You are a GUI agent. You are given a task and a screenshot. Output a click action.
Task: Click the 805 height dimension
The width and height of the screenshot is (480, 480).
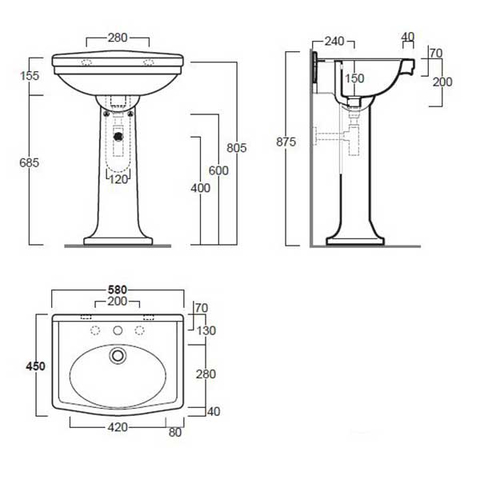tap(237, 148)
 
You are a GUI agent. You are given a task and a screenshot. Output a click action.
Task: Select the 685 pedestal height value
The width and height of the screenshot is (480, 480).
tap(30, 162)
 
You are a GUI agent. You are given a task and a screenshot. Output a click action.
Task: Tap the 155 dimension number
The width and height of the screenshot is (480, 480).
tap(30, 76)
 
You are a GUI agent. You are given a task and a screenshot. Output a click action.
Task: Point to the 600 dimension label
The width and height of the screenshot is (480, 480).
tap(218, 170)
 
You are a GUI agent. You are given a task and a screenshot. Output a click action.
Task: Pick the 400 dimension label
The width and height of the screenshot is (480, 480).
tap(201, 188)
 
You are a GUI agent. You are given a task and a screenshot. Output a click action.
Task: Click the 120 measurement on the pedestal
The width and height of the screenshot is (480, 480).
tap(118, 179)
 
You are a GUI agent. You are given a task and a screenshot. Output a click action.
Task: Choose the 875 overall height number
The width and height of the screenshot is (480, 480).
tap(286, 142)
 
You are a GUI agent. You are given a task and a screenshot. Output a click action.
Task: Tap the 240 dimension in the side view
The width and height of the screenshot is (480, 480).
tap(334, 42)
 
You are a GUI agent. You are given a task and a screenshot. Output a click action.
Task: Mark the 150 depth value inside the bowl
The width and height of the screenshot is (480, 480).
tap(354, 78)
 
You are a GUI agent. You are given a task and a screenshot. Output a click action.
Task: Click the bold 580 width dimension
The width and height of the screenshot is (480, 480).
tap(118, 290)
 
